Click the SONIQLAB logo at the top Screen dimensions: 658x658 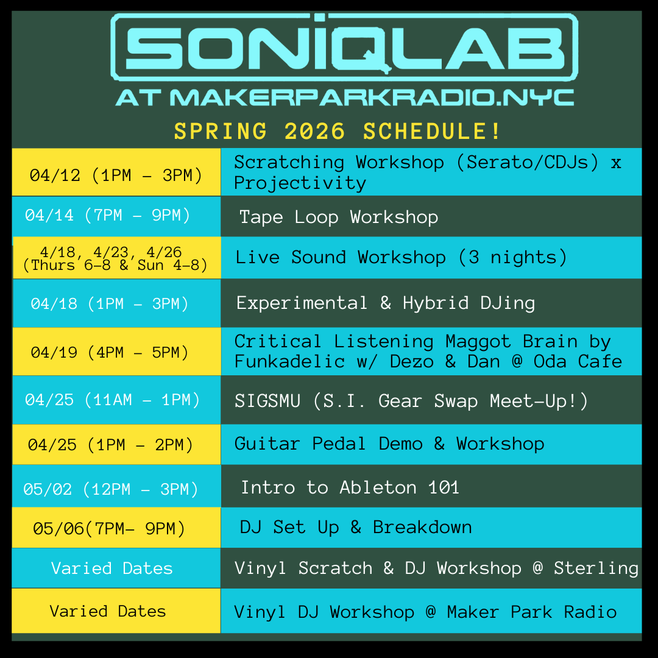344,47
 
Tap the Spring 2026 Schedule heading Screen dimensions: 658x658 338,132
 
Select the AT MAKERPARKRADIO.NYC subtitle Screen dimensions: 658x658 344,97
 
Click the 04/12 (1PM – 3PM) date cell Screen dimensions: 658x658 116,175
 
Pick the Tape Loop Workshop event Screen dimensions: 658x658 339,218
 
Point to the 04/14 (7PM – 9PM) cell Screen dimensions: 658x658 108,215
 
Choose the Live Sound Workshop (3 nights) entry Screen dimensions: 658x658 401,257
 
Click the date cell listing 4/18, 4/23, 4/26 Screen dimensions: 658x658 115,258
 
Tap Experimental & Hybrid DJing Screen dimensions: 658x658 386,303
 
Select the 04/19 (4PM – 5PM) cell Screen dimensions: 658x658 110,352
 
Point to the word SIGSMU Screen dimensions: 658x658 267,401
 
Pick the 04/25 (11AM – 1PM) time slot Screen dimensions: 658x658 113,400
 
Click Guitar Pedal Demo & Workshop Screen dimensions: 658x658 389,444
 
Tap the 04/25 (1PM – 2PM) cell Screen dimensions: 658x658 111,445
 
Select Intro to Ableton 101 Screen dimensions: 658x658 350,487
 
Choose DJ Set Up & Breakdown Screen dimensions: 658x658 356,528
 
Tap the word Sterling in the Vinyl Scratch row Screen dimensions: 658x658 596,568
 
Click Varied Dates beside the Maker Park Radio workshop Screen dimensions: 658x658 108,611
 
